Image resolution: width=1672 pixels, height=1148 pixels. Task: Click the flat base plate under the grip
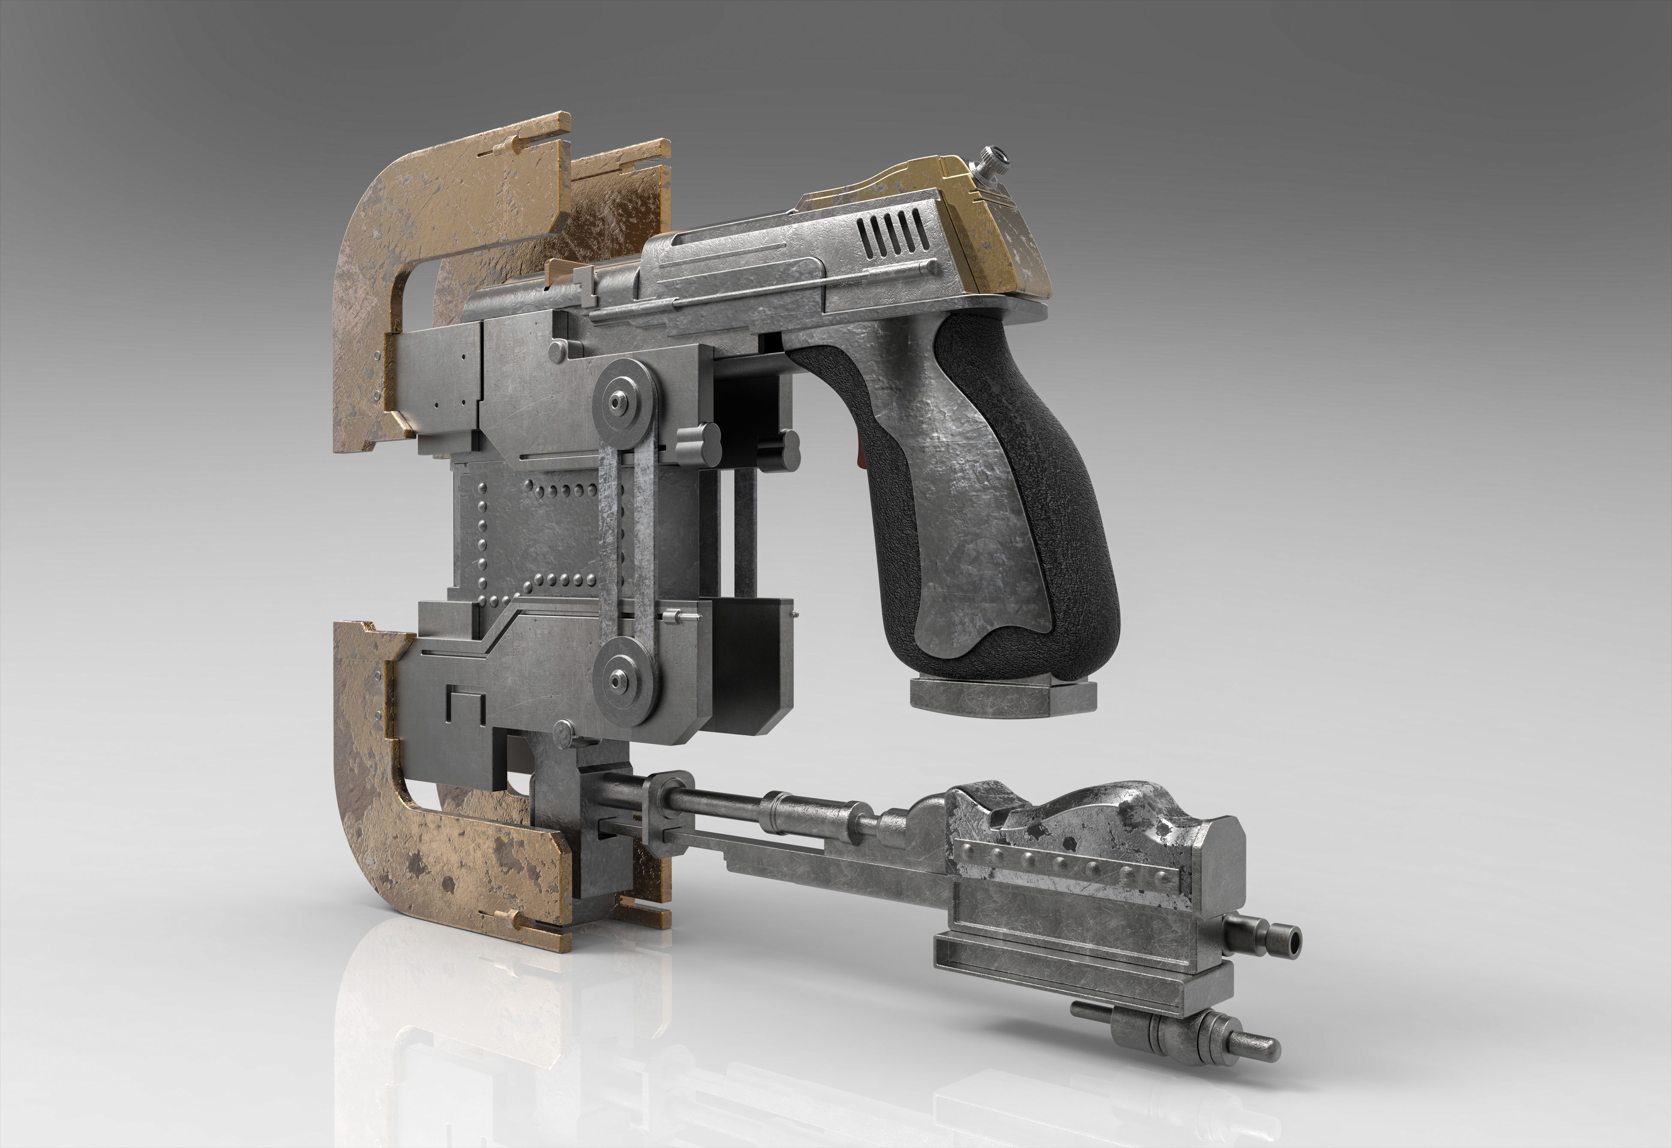click(1002, 696)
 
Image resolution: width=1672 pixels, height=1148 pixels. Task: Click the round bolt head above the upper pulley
click(558, 351)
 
